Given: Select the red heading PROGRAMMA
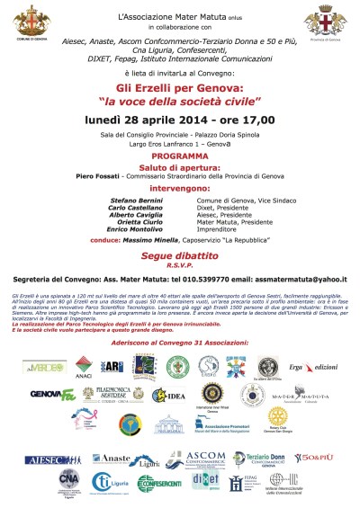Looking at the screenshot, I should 179,154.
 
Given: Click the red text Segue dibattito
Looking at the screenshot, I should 179,259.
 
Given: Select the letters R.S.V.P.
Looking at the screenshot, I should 179,267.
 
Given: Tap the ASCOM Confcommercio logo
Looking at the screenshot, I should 210,458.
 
